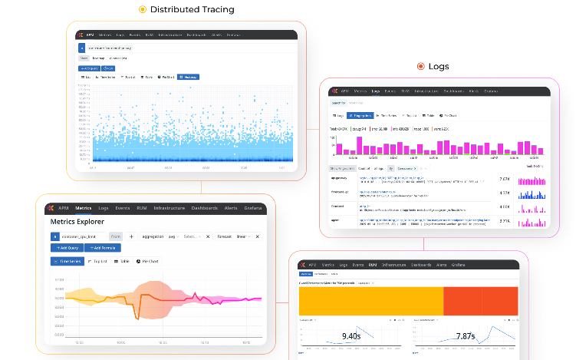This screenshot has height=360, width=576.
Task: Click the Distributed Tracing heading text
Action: (x=193, y=10)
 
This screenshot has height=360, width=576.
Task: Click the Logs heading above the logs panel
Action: (x=439, y=67)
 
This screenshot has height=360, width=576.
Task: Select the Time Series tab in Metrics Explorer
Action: (x=66, y=261)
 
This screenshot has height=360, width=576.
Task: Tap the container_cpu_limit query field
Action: (x=83, y=236)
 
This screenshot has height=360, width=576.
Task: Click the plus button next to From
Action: (x=131, y=236)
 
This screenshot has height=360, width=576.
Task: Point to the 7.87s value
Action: (x=465, y=335)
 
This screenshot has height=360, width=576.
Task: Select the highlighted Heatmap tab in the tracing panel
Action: (x=189, y=77)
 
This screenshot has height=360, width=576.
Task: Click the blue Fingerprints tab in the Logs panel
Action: (x=360, y=114)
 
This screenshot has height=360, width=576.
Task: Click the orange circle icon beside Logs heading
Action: (x=420, y=67)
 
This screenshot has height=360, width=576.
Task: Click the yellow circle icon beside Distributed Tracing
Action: (x=142, y=10)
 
